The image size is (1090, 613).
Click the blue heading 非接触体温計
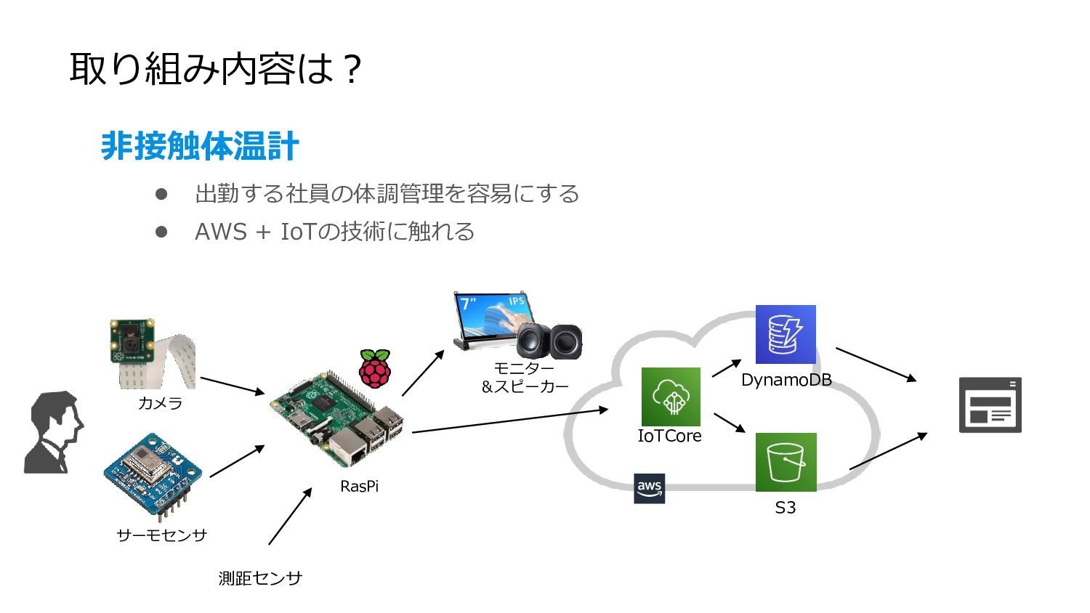[x=200, y=146]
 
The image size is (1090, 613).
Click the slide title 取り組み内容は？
[x=215, y=69]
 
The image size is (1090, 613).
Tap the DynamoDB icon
[x=786, y=334]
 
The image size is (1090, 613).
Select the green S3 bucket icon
[x=786, y=462]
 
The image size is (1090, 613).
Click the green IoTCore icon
[x=671, y=397]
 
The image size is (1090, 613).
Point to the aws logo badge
[x=649, y=488]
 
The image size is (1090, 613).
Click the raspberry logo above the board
[x=375, y=368]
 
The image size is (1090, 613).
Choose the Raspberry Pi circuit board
[x=339, y=420]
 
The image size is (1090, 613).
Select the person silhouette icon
[x=54, y=433]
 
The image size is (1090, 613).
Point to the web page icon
[x=990, y=405]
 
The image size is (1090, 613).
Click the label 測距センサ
[x=260, y=578]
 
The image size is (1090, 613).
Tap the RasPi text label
[x=359, y=487]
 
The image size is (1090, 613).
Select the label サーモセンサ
[x=161, y=535]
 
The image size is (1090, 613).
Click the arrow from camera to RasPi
[x=233, y=386]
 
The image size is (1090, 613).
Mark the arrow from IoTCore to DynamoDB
[x=726, y=368]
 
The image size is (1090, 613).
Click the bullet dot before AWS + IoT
[x=161, y=232]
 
